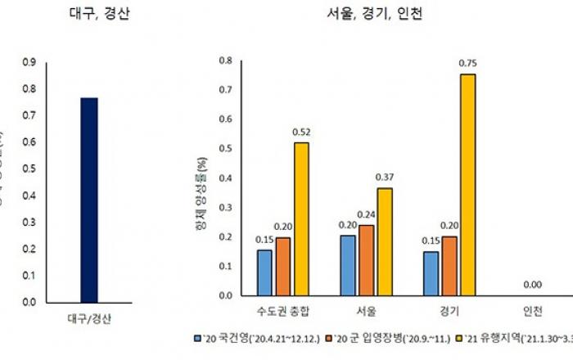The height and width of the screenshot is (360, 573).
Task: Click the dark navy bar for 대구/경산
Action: pyautogui.click(x=88, y=200)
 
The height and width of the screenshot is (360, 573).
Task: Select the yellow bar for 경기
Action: pyautogui.click(x=467, y=185)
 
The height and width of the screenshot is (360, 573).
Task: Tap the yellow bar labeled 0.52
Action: pyautogui.click(x=301, y=218)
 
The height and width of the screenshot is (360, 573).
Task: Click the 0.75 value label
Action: pyautogui.click(x=467, y=62)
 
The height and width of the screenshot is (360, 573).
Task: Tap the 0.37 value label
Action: pyautogui.click(x=385, y=177)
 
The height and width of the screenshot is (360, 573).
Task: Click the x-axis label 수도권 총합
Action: pyautogui.click(x=282, y=312)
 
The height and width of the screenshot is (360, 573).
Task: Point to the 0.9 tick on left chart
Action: pyautogui.click(x=29, y=61)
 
